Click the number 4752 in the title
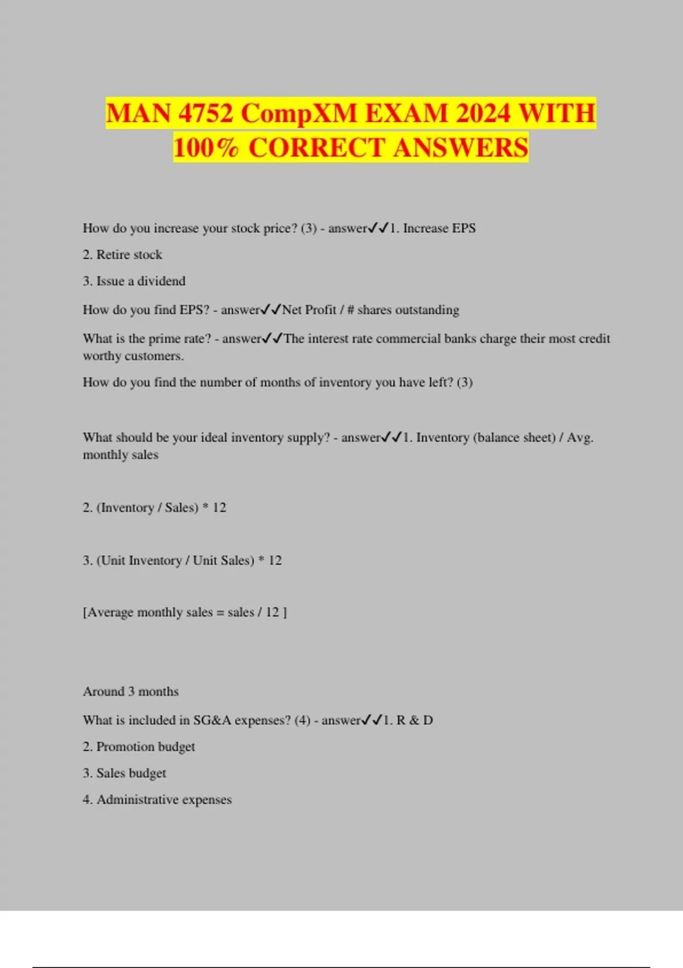point(205,113)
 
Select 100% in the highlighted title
point(206,147)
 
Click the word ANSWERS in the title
point(460,147)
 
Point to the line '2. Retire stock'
point(122,255)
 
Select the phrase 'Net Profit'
point(309,310)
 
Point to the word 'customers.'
point(154,356)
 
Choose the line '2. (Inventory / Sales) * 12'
point(154,507)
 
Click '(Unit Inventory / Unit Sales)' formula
point(175,560)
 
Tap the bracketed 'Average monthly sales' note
point(185,612)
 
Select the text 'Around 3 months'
point(131,691)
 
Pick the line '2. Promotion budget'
point(139,746)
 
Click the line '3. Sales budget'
point(125,773)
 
